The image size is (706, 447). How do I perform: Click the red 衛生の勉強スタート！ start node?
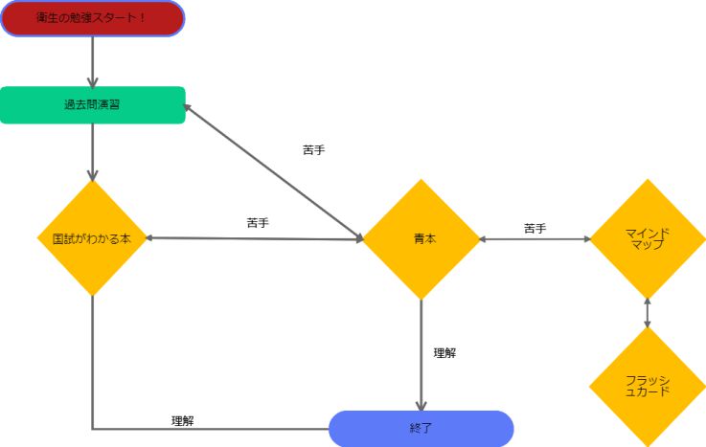(x=92, y=18)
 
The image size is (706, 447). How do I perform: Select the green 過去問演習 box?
(x=92, y=105)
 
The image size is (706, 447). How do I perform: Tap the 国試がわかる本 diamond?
(x=92, y=238)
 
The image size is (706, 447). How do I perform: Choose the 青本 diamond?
(x=421, y=238)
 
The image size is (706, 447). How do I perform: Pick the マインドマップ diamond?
(x=648, y=238)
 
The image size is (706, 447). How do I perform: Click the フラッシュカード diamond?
(x=648, y=386)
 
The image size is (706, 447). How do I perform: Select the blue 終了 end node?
(x=421, y=429)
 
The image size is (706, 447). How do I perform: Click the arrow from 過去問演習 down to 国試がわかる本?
(x=92, y=151)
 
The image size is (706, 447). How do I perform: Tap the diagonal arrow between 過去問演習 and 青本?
(x=273, y=171)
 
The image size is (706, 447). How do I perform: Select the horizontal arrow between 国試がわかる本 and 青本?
(x=254, y=238)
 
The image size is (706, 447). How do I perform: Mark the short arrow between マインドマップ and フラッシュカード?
(x=648, y=312)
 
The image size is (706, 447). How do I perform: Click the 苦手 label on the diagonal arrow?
(x=313, y=150)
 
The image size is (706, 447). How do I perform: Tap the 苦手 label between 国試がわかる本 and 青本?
(x=258, y=223)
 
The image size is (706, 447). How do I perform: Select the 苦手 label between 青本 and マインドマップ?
(x=535, y=229)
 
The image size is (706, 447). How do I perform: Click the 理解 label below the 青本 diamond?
(x=444, y=353)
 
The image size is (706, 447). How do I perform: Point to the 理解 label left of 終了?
(x=183, y=420)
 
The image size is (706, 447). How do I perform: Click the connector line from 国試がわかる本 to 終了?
(x=93, y=383)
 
